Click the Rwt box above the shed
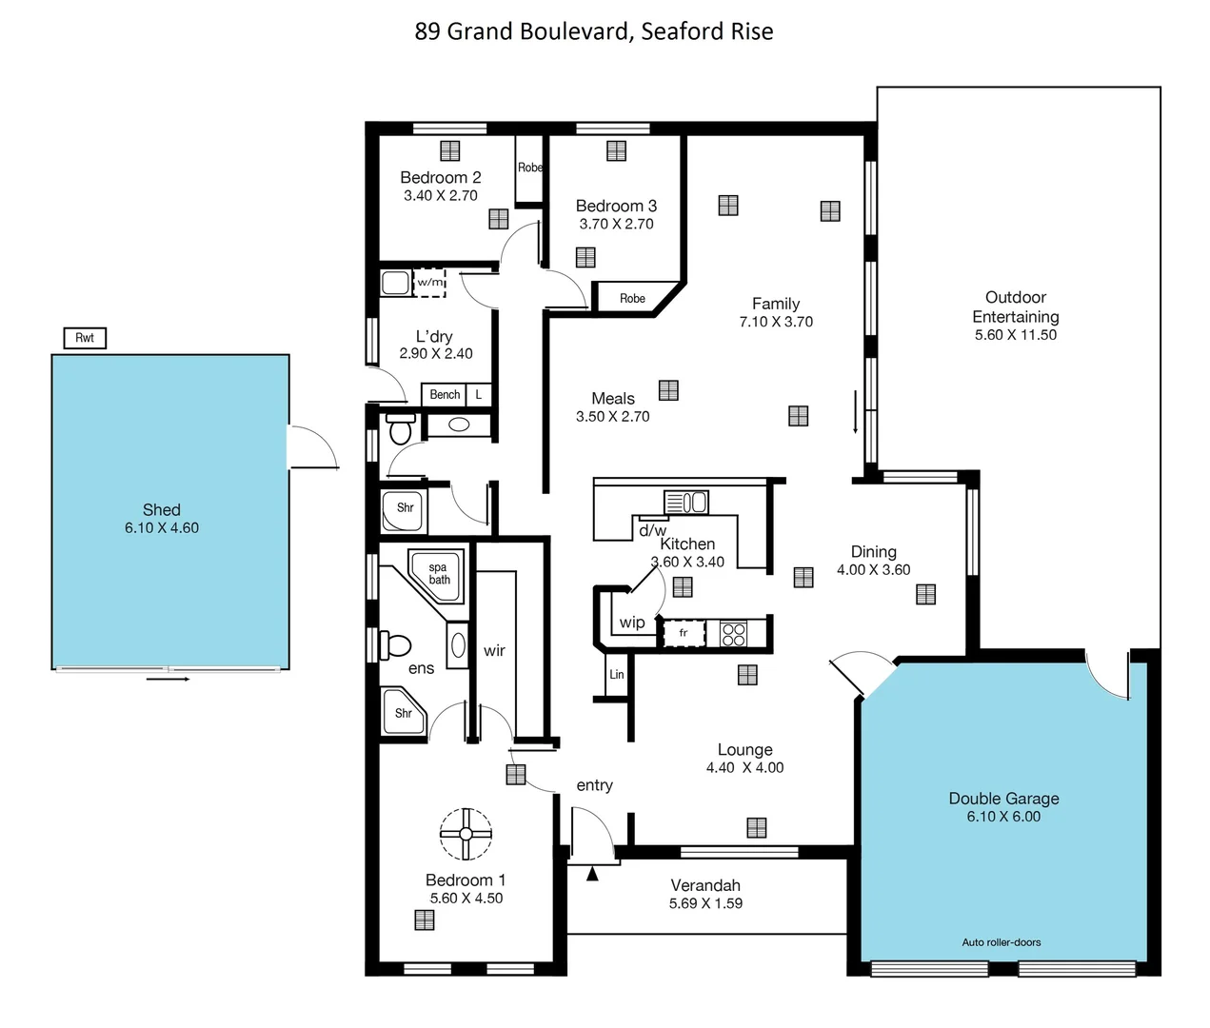85,338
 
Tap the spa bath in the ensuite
437,574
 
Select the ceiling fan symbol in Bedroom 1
466,834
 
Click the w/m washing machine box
429,283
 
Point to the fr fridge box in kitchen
684,633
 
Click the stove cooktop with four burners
733,633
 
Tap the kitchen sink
685,502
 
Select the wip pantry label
632,623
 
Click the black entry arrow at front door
592,874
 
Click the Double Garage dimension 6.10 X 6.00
1003,817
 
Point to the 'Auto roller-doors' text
1001,942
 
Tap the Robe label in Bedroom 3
632,298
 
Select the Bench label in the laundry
445,394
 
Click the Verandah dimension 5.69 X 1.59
705,903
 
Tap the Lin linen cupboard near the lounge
617,674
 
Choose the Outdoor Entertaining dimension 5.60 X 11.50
1015,335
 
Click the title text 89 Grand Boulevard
593,31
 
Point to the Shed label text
161,510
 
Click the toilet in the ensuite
394,645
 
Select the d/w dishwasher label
652,530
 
